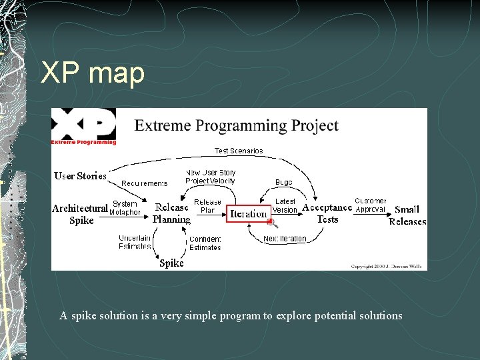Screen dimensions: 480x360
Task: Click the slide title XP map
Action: pyautogui.click(x=93, y=73)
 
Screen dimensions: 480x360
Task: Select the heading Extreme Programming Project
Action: pyautogui.click(x=236, y=125)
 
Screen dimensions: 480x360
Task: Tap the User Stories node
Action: pyautogui.click(x=80, y=176)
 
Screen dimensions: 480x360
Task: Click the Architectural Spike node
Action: pyautogui.click(x=81, y=214)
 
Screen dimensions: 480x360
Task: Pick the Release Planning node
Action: pyautogui.click(x=171, y=213)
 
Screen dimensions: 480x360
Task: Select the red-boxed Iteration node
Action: pyautogui.click(x=248, y=213)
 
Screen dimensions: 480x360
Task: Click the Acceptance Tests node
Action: pyautogui.click(x=327, y=213)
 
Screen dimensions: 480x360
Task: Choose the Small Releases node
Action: pyautogui.click(x=407, y=215)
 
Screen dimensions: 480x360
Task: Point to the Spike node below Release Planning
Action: pyautogui.click(x=171, y=263)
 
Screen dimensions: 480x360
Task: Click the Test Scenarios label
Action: pyautogui.click(x=239, y=151)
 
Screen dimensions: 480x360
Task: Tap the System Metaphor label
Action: pyautogui.click(x=125, y=208)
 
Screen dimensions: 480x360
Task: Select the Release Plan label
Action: pyautogui.click(x=207, y=206)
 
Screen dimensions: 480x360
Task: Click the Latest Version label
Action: pyautogui.click(x=285, y=205)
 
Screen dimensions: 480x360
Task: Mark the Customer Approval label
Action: pyautogui.click(x=370, y=205)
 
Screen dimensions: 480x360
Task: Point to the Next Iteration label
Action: pyautogui.click(x=285, y=239)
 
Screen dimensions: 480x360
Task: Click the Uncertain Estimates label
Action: pyautogui.click(x=135, y=242)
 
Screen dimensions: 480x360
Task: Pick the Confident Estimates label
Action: pyautogui.click(x=205, y=243)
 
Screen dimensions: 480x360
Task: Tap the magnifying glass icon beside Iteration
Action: pyautogui.click(x=272, y=223)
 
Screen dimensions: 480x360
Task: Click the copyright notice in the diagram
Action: pyautogui.click(x=386, y=266)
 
